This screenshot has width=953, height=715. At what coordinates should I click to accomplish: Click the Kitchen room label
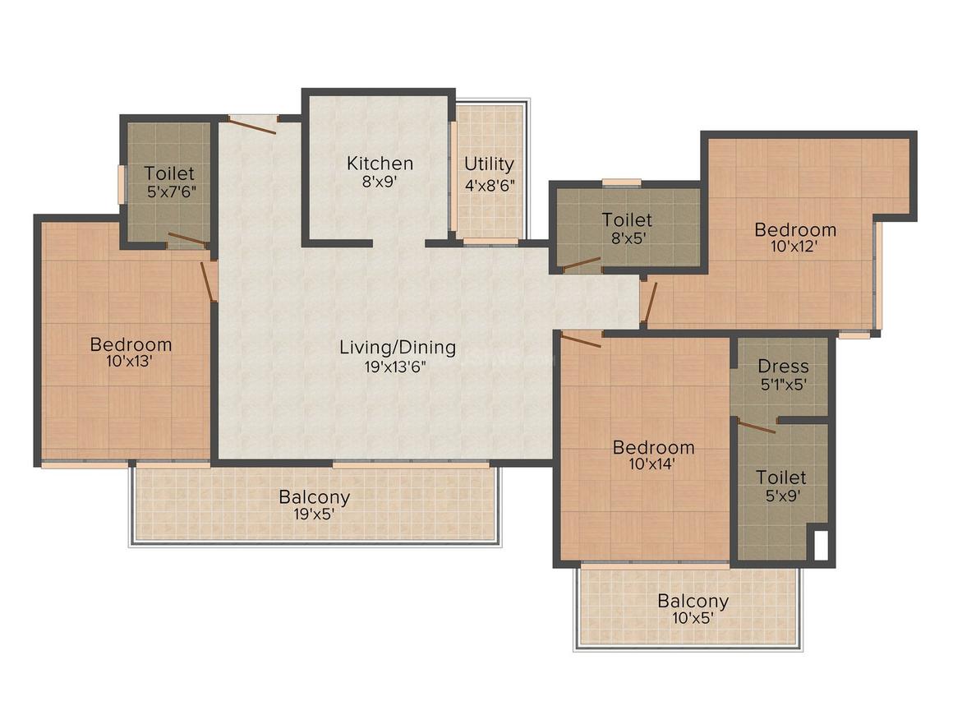click(x=379, y=163)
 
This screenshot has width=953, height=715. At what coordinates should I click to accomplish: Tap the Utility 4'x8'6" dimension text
click(x=489, y=185)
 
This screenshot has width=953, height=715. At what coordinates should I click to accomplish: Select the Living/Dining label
click(x=398, y=347)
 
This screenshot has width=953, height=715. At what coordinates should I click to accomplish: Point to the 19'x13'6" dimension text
click(x=398, y=367)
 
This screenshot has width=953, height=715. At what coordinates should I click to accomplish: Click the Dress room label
click(x=783, y=367)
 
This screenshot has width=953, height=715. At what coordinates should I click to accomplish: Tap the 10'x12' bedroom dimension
click(x=795, y=245)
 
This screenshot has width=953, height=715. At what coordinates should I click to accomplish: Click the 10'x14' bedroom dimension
click(x=653, y=464)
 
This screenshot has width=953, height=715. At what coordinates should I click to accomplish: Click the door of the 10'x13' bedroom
click(x=209, y=282)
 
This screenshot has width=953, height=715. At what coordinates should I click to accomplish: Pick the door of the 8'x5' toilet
click(x=581, y=264)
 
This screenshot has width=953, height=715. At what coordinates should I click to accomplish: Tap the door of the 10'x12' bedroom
click(x=649, y=301)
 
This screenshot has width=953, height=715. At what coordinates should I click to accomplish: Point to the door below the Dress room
click(x=756, y=427)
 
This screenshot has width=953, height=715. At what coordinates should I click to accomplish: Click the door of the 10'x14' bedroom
click(x=581, y=340)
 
